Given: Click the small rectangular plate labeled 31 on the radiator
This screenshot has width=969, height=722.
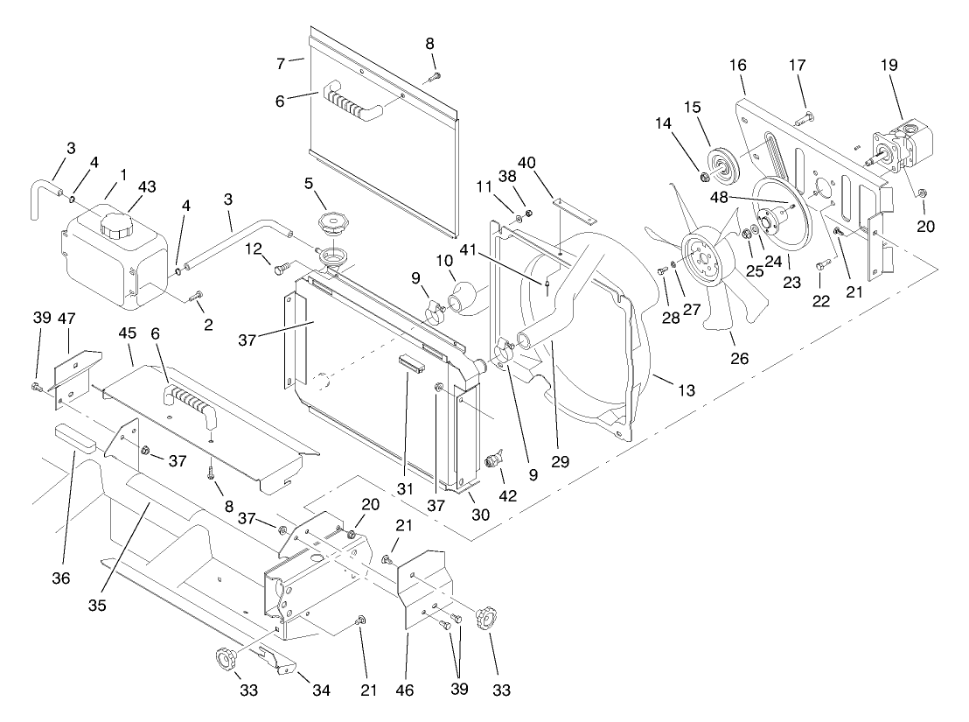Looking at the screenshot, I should tap(411, 362).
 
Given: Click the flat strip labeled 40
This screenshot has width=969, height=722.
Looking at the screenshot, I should tap(573, 213).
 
